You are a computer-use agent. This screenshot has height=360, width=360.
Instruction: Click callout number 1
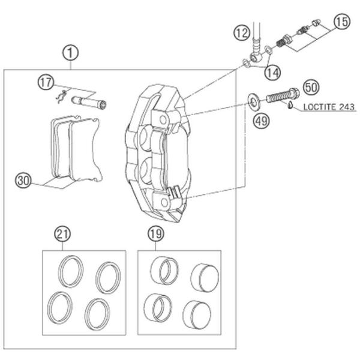71,53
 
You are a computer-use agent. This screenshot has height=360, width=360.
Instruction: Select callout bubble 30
23,179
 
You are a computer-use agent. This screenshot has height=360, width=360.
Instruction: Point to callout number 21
61,233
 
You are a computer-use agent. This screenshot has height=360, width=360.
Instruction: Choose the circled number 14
272,73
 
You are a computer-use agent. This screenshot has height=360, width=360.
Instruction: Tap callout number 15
341,23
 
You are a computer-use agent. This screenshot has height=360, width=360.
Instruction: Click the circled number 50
310,86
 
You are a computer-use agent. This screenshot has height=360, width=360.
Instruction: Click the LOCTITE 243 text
328,108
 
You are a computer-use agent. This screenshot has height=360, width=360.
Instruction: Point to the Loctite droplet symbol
290,106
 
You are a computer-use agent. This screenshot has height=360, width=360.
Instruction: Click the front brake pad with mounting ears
84,150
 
